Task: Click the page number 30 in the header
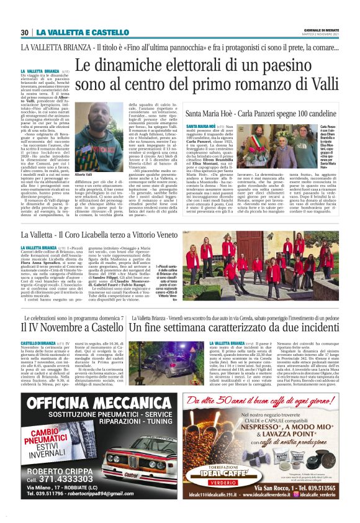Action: pyautogui.click(x=25, y=32)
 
